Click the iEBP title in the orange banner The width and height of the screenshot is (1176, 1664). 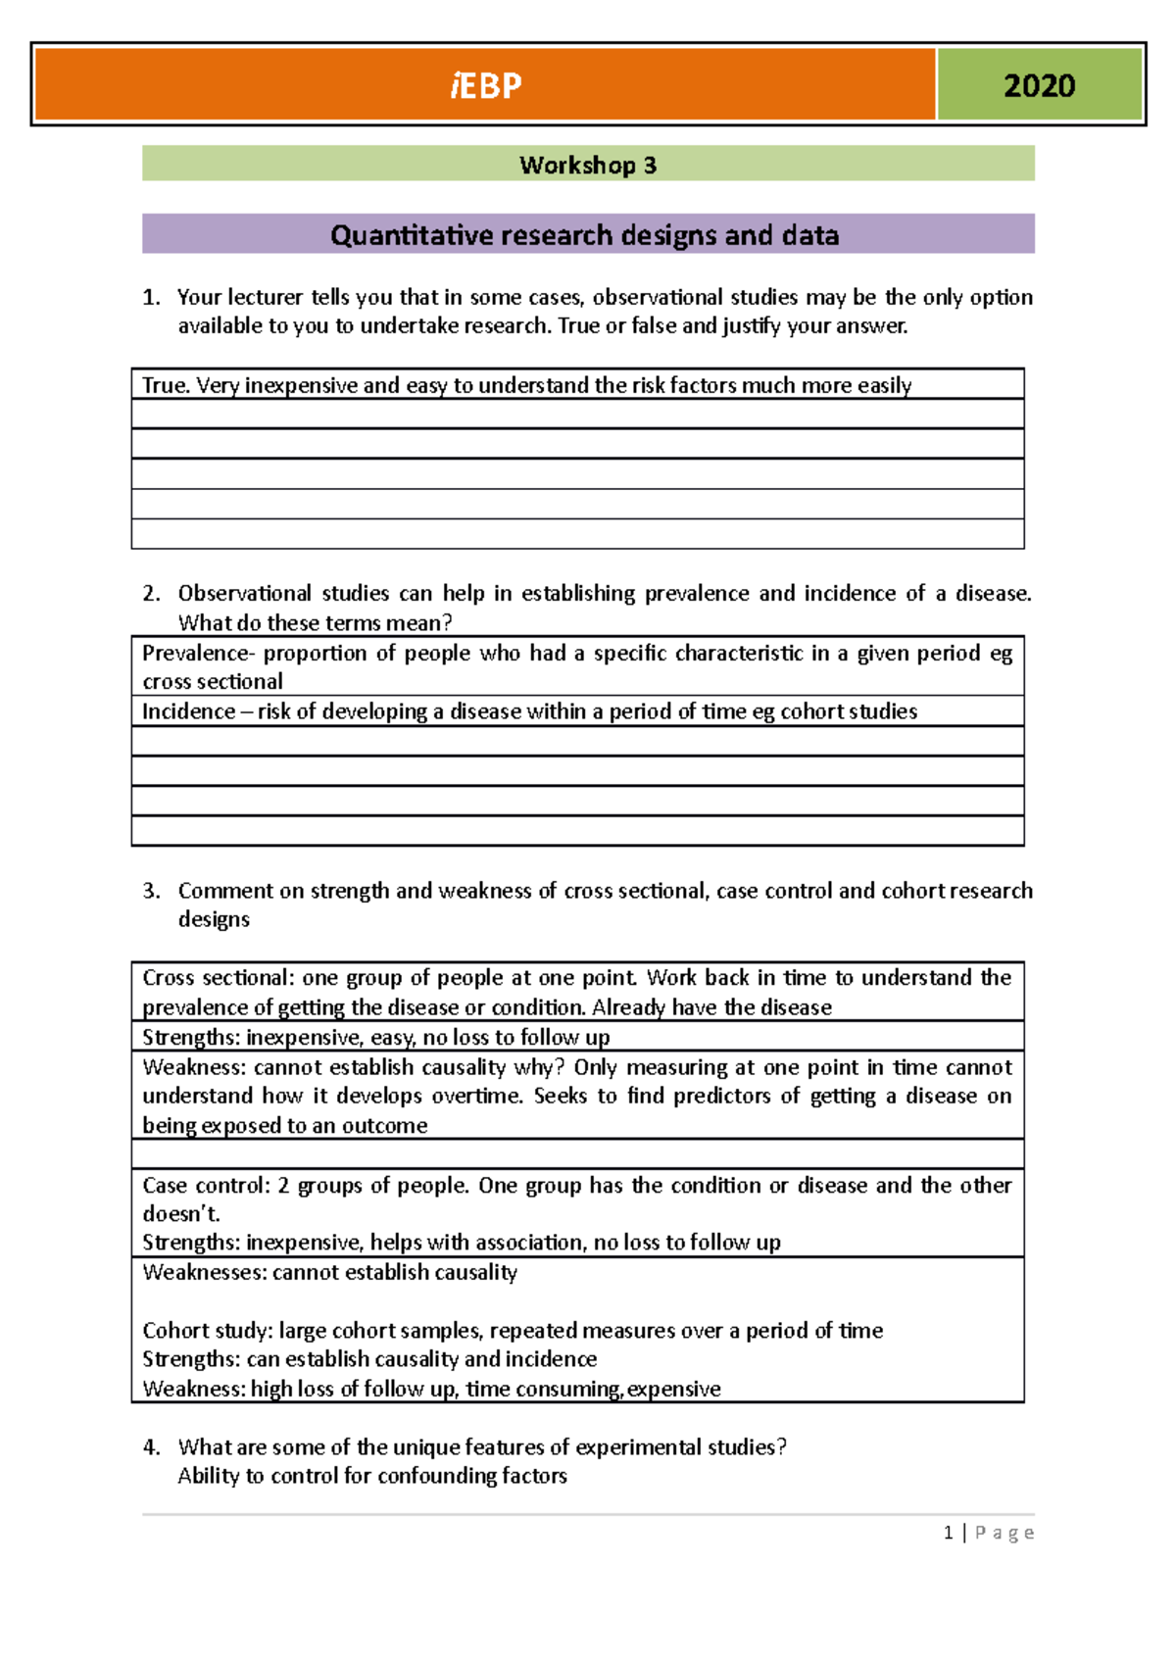486,86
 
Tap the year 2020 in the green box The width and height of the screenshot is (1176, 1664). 1039,86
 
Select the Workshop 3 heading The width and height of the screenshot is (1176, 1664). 588,165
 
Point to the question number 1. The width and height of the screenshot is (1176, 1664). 150,297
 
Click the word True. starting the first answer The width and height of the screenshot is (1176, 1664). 166,385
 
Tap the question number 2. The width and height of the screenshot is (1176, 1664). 150,593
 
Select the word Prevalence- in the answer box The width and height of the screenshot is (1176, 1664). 198,654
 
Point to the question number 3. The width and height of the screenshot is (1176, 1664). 150,891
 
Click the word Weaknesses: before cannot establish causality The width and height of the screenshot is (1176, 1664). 203,1272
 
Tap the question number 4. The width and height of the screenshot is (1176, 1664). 150,1447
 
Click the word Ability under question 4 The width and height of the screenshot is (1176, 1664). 208,1476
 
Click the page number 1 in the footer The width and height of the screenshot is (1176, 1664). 948,1533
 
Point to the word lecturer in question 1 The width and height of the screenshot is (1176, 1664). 265,297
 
